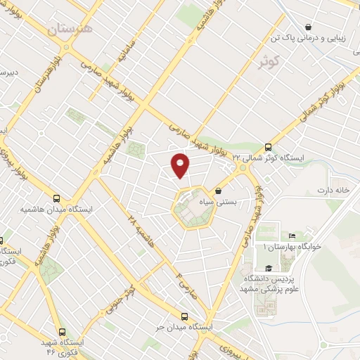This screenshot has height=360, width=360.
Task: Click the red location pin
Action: pyautogui.click(x=181, y=165)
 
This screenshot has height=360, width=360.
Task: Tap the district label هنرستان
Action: pyautogui.click(x=70, y=30)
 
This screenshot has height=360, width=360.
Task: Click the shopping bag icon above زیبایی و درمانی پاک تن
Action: pyautogui.click(x=308, y=27)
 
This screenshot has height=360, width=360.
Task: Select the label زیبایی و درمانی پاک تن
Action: pyautogui.click(x=313, y=39)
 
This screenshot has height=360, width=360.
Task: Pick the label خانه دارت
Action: pyautogui.click(x=333, y=191)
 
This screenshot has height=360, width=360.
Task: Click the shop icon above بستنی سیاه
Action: pyautogui.click(x=219, y=191)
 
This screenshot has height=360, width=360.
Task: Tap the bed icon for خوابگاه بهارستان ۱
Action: pyautogui.click(x=292, y=236)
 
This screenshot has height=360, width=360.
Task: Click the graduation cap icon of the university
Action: pyautogui.click(x=269, y=268)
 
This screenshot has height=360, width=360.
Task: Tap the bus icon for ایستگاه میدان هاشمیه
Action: pyautogui.click(x=57, y=198)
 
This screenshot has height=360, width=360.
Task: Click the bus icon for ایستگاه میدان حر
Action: pyautogui.click(x=185, y=317)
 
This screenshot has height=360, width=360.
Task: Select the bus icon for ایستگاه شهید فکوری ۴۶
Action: pyautogui.click(x=63, y=332)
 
